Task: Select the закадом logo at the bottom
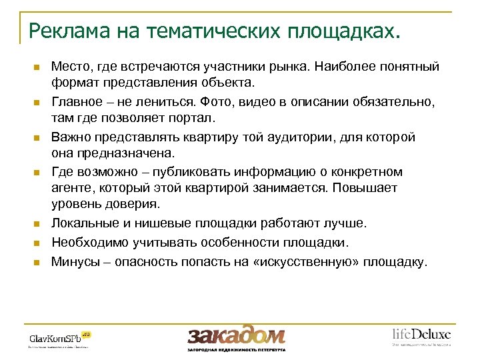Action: point(236,335)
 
